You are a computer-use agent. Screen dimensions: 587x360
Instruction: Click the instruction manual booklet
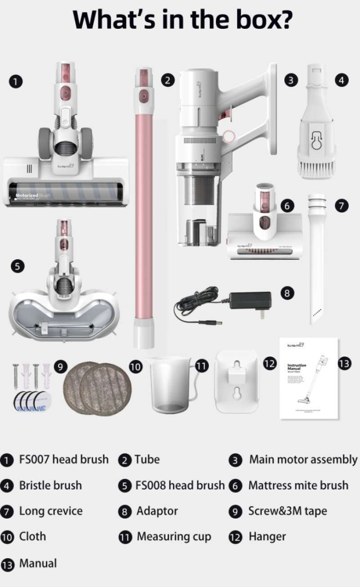pos(309,378)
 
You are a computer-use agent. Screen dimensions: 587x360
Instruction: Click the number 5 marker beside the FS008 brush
pos(17,266)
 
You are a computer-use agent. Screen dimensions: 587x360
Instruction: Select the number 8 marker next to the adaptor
pos(287,293)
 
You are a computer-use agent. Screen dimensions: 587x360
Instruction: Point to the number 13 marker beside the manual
pos(344,364)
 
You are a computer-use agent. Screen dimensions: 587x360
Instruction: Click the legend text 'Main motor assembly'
pos(303,460)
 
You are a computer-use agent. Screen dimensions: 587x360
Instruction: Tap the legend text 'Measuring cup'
pos(174,537)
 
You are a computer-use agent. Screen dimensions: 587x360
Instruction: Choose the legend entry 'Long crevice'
pos(50,511)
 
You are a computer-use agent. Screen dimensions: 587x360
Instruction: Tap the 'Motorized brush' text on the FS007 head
pos(32,196)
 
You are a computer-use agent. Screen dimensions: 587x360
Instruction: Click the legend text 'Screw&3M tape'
pos(288,511)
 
